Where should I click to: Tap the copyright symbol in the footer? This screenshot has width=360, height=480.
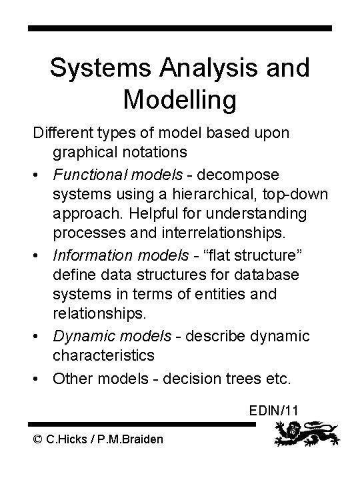[x=38, y=439]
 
